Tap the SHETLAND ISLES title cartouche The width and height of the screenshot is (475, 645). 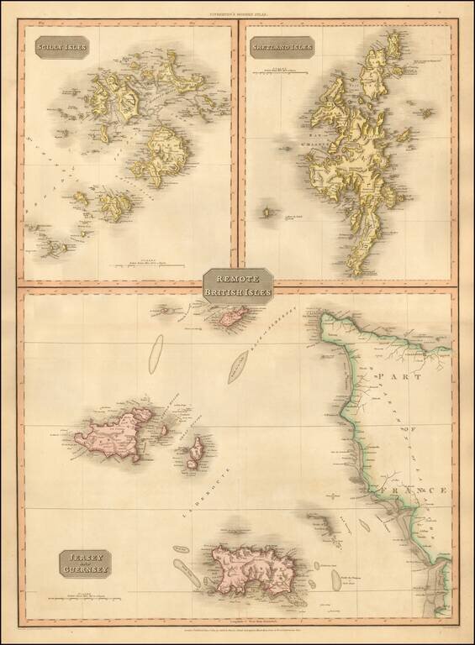pyautogui.click(x=282, y=49)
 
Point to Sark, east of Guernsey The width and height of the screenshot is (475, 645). pyautogui.click(x=195, y=454)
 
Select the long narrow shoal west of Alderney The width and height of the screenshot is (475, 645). pyautogui.click(x=156, y=354)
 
